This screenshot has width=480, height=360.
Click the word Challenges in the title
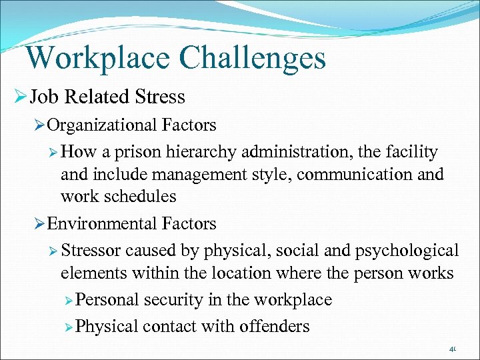click(x=254, y=57)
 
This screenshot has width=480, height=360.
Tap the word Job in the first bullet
click(x=43, y=97)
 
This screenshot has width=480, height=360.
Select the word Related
click(x=93, y=97)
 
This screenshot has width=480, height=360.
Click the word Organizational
click(x=99, y=125)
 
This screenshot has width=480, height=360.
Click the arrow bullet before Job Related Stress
click(x=19, y=98)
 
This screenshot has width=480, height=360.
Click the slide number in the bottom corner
click(x=453, y=349)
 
